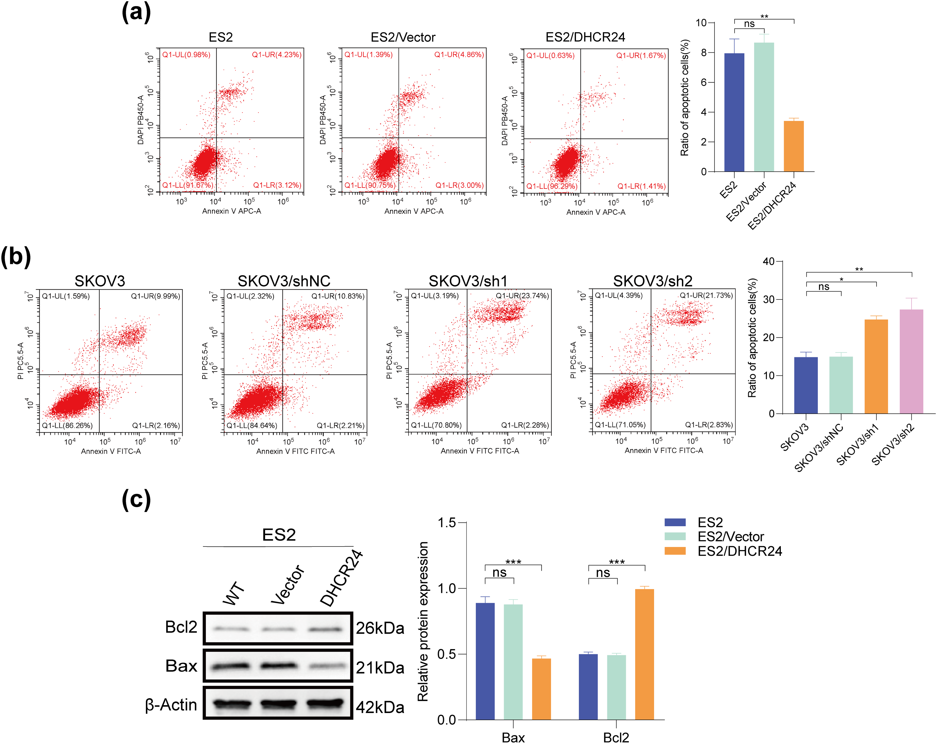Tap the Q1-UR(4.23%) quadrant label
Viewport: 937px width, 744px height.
click(x=276, y=55)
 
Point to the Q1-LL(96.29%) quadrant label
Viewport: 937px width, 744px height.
click(x=552, y=186)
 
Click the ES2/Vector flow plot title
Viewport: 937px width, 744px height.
click(x=403, y=37)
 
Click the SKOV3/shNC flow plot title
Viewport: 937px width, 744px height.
click(x=284, y=281)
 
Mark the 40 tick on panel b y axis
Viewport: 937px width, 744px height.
click(x=768, y=261)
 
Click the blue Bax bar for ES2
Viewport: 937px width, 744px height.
click(x=485, y=661)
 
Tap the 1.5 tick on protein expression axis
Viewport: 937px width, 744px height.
click(x=446, y=522)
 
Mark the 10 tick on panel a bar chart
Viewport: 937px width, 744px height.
click(x=701, y=23)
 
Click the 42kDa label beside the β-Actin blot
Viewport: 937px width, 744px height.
click(x=380, y=708)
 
